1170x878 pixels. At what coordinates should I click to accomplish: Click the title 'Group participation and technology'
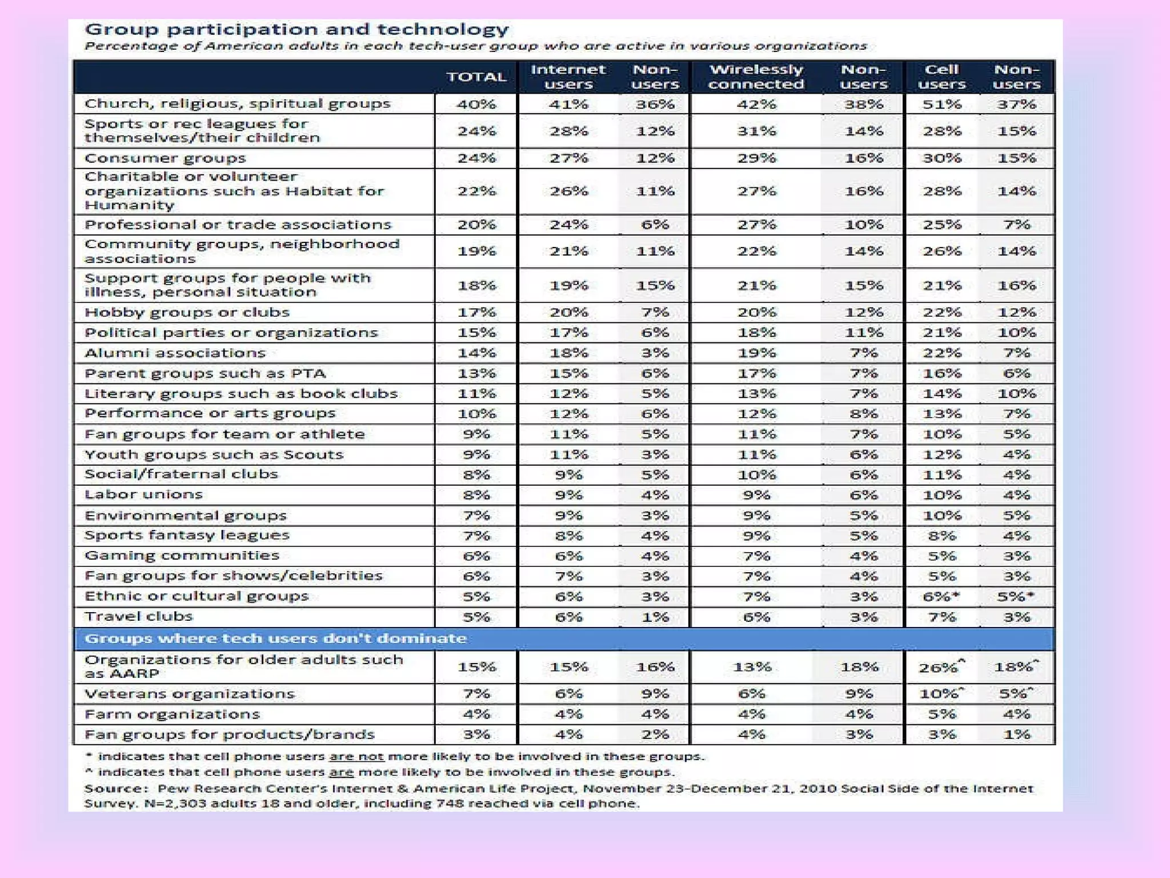(296, 29)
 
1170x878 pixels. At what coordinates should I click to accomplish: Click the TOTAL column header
(476, 77)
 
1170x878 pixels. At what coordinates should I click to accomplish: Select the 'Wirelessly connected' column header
(756, 77)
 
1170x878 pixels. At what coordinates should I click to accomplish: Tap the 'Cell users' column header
(941, 77)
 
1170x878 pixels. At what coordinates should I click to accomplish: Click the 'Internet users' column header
(568, 77)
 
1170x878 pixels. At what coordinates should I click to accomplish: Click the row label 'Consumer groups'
(165, 158)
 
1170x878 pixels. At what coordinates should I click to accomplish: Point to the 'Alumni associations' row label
(175, 353)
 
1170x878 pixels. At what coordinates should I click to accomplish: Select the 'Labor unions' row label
(143, 494)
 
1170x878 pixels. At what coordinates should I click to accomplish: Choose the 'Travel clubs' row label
(139, 617)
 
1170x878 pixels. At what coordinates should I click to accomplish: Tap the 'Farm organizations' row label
(172, 715)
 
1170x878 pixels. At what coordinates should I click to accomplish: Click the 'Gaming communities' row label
(182, 556)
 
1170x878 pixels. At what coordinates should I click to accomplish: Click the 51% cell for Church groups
(941, 105)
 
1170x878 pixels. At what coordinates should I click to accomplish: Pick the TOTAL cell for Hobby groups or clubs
(476, 313)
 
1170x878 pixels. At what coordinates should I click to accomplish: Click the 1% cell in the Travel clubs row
(655, 617)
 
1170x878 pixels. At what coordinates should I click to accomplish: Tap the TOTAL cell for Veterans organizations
(476, 694)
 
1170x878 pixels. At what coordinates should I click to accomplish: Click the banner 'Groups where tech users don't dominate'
(275, 638)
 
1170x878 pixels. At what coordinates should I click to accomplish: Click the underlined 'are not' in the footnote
(356, 757)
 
